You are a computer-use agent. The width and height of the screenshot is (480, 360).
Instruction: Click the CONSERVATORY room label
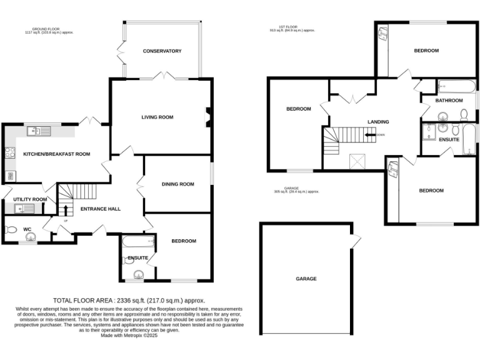[161, 51]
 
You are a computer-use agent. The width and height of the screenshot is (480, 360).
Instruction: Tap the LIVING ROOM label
[157, 117]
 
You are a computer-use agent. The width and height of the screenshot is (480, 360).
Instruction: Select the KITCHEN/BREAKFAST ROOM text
[57, 154]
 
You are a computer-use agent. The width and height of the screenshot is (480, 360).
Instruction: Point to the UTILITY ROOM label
[30, 199]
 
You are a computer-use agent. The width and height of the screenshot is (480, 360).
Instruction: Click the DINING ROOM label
[178, 184]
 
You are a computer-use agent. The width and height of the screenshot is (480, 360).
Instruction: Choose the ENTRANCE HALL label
[101, 209]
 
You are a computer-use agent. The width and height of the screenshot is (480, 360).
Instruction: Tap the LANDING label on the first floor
[378, 122]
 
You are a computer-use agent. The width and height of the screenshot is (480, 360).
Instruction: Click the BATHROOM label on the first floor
[449, 101]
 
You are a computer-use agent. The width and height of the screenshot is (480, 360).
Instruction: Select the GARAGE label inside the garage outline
[306, 279]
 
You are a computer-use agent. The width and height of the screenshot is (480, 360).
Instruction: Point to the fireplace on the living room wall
[208, 117]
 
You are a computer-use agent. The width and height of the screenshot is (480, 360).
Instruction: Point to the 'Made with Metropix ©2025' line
[129, 336]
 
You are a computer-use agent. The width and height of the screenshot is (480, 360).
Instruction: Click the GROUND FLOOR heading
[53, 28]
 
